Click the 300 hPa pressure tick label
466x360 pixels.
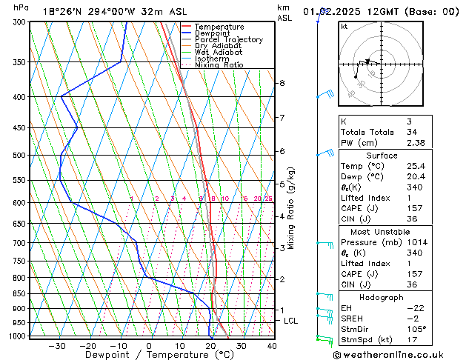point(19,22)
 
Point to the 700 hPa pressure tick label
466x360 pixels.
point(19,243)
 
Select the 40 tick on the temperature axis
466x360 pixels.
point(272,345)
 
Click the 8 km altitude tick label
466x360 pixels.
point(282,83)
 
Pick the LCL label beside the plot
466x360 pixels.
point(291,321)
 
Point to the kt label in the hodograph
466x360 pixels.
point(344,27)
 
